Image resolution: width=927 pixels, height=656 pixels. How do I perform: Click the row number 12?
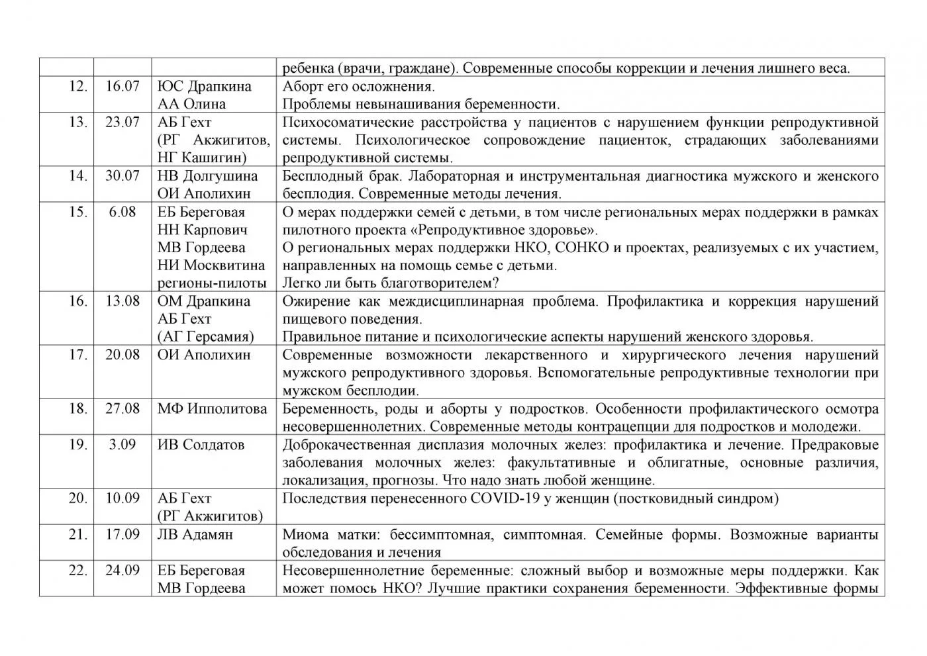coord(78,86)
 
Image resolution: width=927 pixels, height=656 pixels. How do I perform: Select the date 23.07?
coord(122,122)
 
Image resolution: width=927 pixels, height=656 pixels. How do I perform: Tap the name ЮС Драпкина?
coord(204,86)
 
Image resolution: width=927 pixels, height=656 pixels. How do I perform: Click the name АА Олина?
coord(191,104)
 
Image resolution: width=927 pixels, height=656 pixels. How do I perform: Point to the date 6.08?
coord(122,212)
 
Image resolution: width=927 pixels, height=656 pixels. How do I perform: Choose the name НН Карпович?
coord(202,230)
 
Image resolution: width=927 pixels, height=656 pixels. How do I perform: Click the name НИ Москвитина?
coord(211,265)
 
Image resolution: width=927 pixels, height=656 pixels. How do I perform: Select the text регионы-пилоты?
coord(212,283)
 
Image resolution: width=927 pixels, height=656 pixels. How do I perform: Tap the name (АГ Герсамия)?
coord(205,337)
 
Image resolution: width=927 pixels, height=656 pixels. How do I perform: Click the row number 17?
coord(78,355)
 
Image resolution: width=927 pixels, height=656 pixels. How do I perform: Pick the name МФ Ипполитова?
coord(212,408)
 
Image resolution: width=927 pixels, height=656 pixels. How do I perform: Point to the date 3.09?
coord(122,444)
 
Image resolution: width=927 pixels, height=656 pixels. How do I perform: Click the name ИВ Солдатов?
coord(201,444)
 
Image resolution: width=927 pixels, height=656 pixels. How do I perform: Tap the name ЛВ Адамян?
coord(195,534)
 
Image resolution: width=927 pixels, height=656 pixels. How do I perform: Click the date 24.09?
coord(122,570)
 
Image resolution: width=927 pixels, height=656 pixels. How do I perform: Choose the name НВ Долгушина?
coord(207,176)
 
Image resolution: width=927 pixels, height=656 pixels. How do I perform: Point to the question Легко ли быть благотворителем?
coord(390,283)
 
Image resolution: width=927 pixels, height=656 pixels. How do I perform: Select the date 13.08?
coord(122,301)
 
